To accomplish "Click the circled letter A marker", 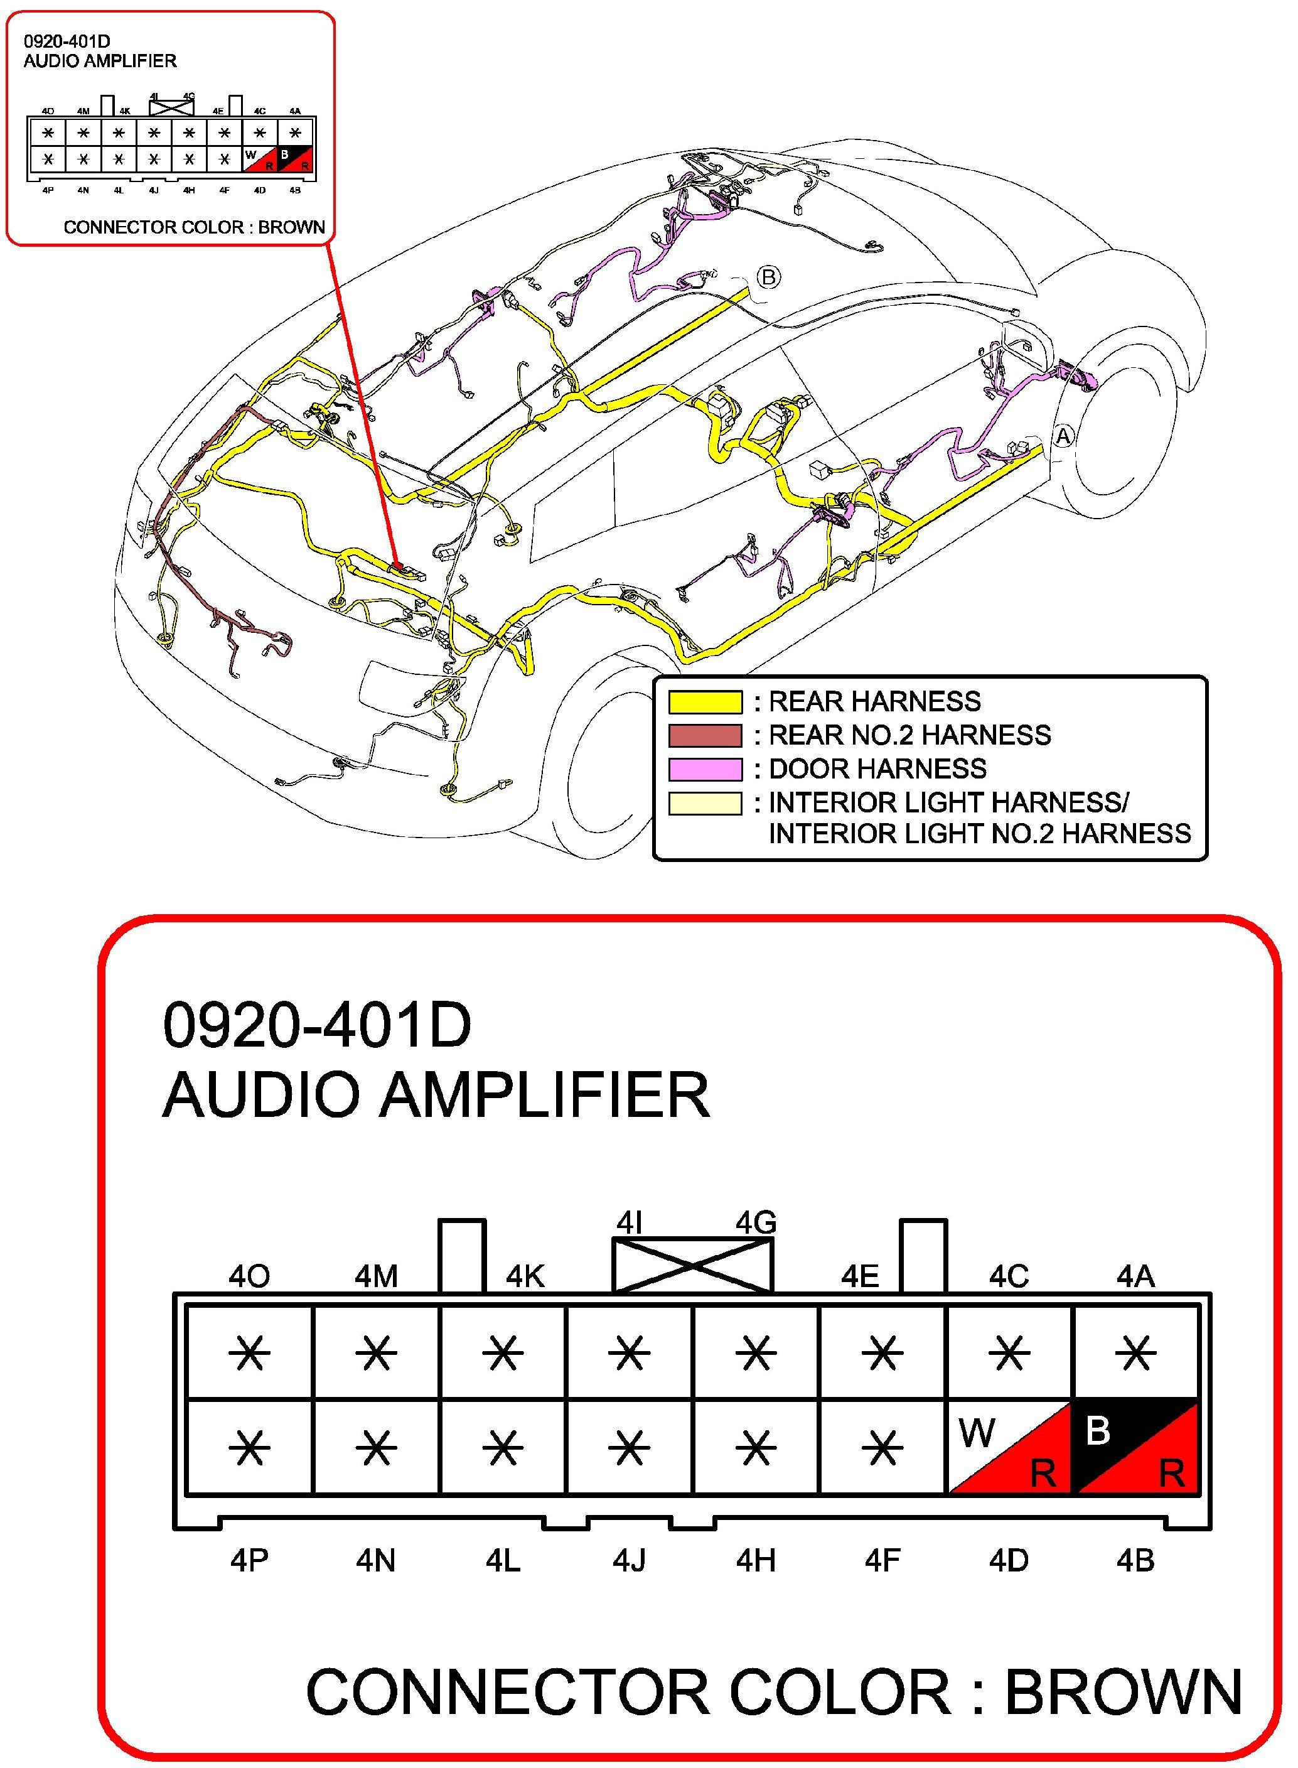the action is [1063, 436].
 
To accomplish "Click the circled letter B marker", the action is [768, 278].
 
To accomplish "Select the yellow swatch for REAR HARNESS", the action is [705, 701].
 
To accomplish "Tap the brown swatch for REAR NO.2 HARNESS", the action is [705, 735].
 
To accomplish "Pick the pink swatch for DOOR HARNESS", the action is [705, 768].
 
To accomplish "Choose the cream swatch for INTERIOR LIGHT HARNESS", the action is [705, 803].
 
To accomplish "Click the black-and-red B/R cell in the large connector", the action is [1136, 1447].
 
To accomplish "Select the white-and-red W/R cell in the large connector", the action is [1009, 1447].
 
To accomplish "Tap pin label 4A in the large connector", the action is [1135, 1277].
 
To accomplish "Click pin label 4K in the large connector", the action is [525, 1277].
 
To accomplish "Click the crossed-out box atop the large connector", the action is [692, 1264].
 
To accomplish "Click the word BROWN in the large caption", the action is [1124, 1692].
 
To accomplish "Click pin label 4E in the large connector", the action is [859, 1277].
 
